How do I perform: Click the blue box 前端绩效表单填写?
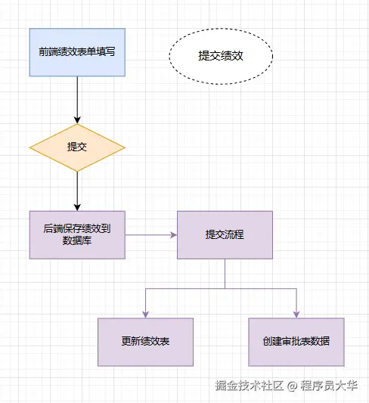pyautogui.click(x=77, y=52)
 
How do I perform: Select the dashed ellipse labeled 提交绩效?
pyautogui.click(x=220, y=55)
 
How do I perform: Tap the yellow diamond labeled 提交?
pyautogui.click(x=77, y=147)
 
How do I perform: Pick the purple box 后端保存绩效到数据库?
pyautogui.click(x=77, y=234)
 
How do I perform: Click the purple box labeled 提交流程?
pyautogui.click(x=225, y=234)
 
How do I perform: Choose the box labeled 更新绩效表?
pyautogui.click(x=145, y=341)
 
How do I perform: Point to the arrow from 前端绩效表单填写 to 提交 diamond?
pyautogui.click(x=77, y=98)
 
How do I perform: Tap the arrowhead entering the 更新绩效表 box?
pyautogui.click(x=145, y=313)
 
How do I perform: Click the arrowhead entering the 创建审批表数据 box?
pyautogui.click(x=296, y=313)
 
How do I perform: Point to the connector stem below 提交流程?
pyautogui.click(x=225, y=273)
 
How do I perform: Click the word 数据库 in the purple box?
pyautogui.click(x=77, y=241)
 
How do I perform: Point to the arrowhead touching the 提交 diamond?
pyautogui.click(x=77, y=119)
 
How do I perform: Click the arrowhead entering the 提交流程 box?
pyautogui.click(x=172, y=234)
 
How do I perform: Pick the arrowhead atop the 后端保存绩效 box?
pyautogui.click(x=77, y=206)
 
